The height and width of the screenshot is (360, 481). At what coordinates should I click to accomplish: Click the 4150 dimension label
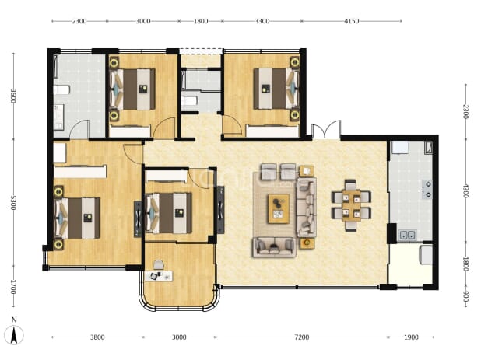point(351,21)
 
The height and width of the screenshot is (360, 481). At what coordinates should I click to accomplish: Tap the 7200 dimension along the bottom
point(301,337)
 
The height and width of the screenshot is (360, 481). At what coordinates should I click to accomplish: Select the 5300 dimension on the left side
point(13,203)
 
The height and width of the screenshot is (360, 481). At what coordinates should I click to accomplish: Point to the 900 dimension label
point(465,296)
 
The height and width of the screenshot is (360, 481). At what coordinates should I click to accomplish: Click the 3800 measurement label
point(97,337)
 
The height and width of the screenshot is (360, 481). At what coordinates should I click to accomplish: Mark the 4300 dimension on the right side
point(465,190)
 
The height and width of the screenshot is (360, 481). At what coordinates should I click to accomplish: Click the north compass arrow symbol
point(14,335)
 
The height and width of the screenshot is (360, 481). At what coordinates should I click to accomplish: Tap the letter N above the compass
point(14,320)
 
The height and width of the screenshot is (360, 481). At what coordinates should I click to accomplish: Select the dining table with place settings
point(351,205)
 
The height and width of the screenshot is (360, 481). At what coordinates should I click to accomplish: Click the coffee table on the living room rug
point(279,208)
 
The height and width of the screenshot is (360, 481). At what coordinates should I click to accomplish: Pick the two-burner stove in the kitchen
point(427,189)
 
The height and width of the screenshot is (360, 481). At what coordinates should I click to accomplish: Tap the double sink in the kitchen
point(407,236)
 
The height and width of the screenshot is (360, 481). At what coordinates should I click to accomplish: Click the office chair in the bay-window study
point(158,264)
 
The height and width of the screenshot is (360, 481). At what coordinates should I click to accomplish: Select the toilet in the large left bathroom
point(61,90)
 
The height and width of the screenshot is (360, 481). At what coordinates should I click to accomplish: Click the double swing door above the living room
point(326,129)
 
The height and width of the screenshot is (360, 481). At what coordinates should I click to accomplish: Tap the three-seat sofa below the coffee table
point(274,246)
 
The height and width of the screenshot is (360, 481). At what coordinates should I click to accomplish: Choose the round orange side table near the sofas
point(307,243)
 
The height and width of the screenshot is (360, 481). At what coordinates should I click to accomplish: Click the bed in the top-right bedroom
point(276,89)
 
